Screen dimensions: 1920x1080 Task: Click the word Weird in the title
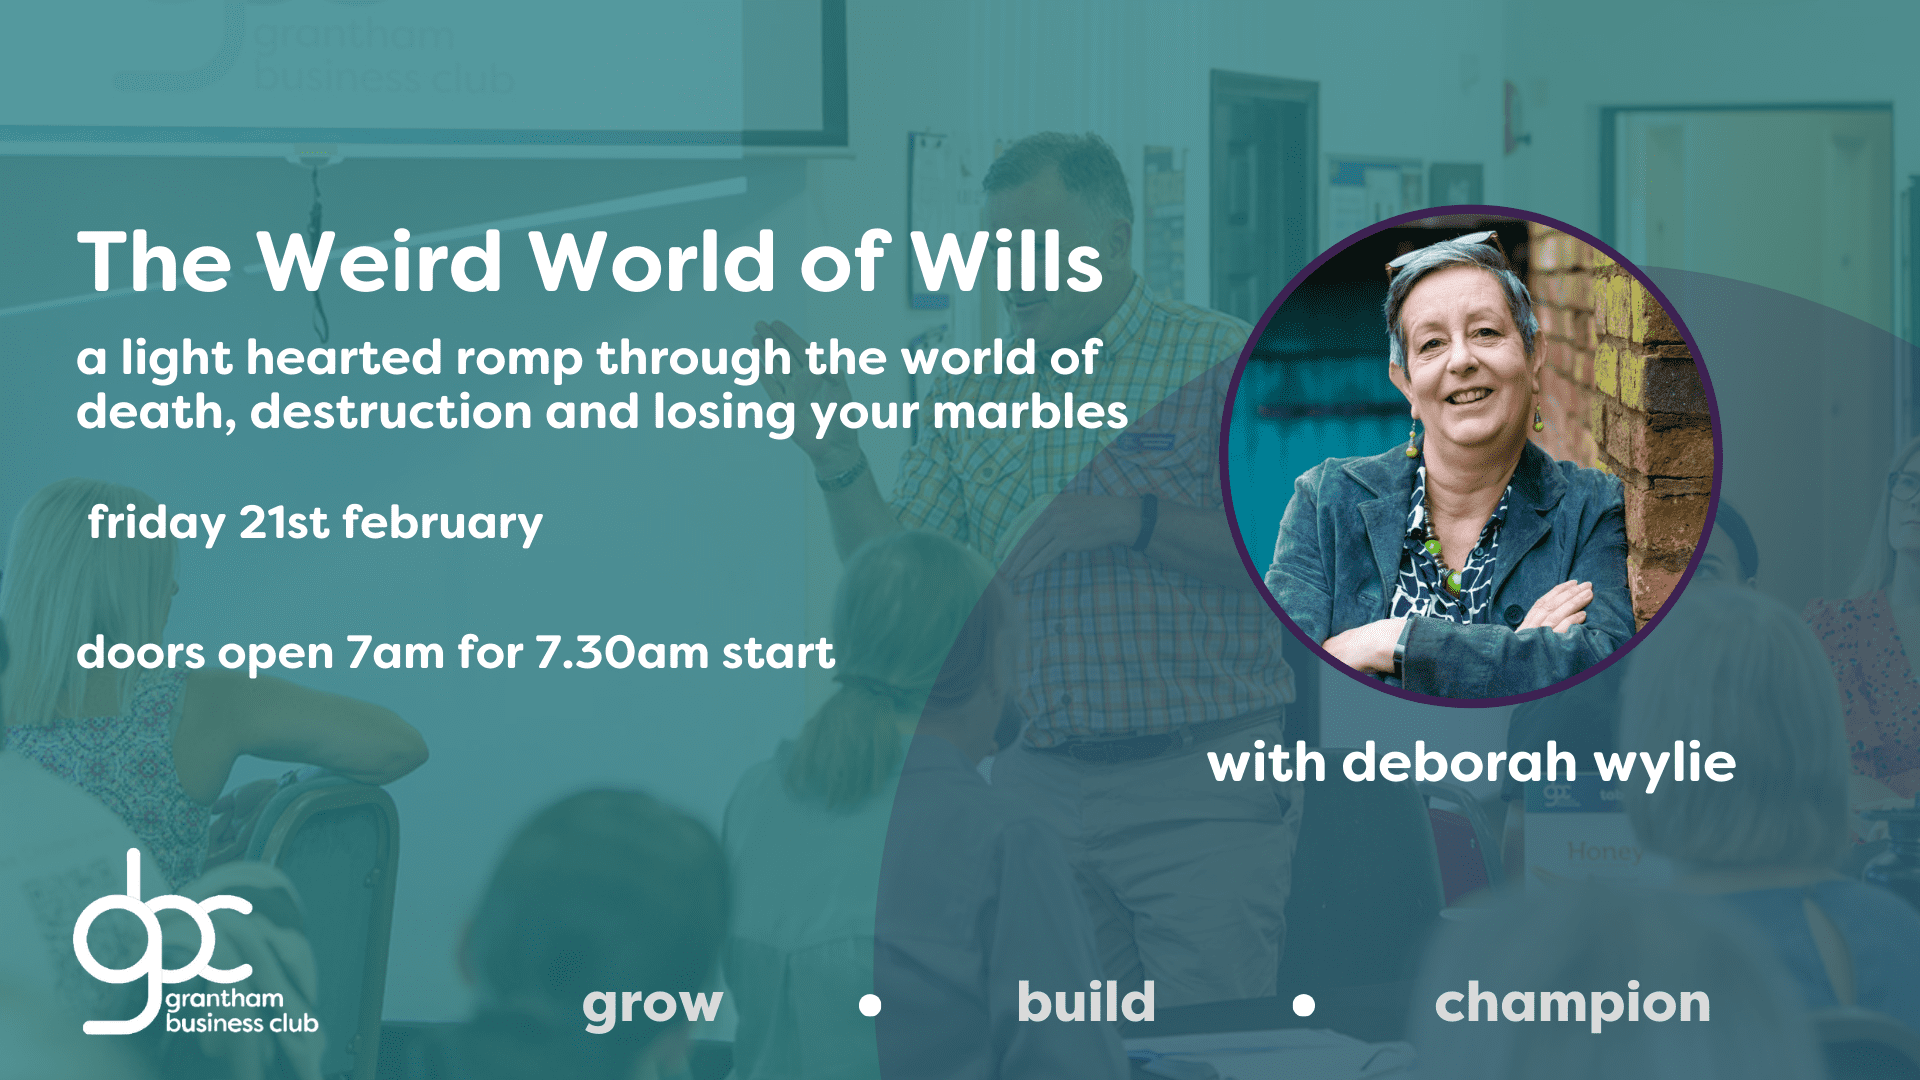pos(380,262)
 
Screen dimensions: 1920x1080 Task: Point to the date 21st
pos(284,523)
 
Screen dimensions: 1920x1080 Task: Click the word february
pos(443,524)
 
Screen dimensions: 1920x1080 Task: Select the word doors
pos(140,653)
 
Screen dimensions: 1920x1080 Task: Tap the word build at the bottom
pos(1086,1001)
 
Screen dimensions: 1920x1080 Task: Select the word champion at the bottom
pos(1573,1004)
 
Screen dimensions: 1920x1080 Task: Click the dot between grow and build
pos(870,1005)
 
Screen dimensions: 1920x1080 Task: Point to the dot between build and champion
pos(1303,1005)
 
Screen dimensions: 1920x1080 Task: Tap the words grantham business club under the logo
pos(241,1011)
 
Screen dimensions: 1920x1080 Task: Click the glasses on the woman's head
pos(1447,251)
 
